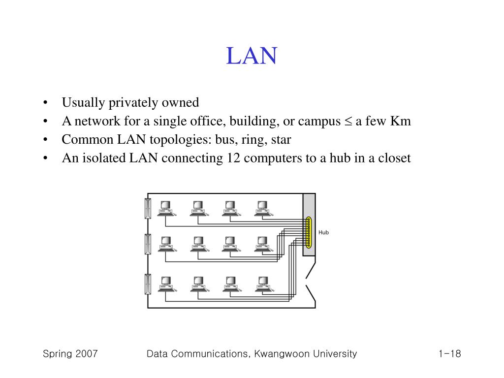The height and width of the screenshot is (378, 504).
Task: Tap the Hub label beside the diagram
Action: [x=323, y=232]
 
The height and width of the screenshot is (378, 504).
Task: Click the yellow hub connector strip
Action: [x=309, y=232]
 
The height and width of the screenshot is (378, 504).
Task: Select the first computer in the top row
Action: [x=166, y=208]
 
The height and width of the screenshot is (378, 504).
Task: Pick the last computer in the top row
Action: [x=262, y=208]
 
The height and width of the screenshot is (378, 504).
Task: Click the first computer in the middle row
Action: [x=166, y=244]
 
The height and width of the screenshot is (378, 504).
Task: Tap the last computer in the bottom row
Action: [x=262, y=283]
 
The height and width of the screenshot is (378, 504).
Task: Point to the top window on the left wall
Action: [x=147, y=208]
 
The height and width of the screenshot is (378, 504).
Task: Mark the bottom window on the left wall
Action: [x=147, y=284]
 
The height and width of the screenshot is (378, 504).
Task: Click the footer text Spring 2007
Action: [x=70, y=354]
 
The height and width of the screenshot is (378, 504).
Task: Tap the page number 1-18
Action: [x=448, y=354]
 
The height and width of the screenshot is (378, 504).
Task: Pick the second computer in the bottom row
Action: [x=198, y=283]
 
